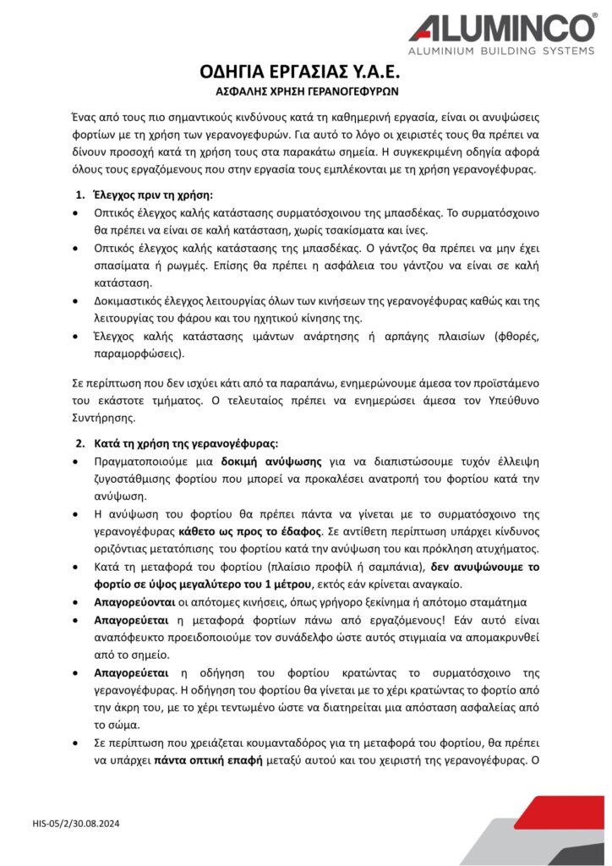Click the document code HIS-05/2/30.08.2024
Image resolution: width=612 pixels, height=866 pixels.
click(x=76, y=822)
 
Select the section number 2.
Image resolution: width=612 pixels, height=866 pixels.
click(x=79, y=443)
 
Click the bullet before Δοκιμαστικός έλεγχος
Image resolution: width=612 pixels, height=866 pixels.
click(x=78, y=301)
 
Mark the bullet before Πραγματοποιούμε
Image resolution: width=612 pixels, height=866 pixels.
click(x=78, y=462)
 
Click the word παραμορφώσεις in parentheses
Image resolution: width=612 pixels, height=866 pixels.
click(x=132, y=354)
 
